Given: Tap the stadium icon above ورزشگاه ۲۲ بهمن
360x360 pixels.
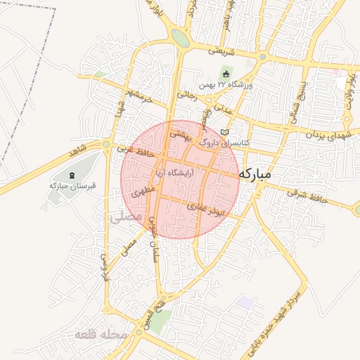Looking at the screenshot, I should [x=225, y=74].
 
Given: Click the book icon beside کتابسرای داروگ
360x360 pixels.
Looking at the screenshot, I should [x=224, y=131].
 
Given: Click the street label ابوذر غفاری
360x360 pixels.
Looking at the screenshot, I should [x=210, y=210].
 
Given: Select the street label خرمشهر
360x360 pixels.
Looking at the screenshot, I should [x=136, y=96].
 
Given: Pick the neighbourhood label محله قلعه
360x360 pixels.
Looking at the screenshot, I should [x=103, y=335].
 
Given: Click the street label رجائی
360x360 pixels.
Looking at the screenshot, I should [x=187, y=92].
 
